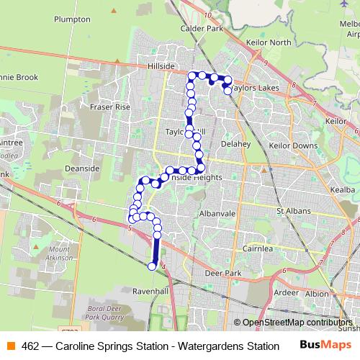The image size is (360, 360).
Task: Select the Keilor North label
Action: [270, 42]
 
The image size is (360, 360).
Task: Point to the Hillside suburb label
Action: [161, 66]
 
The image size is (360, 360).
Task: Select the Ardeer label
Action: [286, 292]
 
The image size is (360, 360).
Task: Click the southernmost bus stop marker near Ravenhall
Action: [152, 266]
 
